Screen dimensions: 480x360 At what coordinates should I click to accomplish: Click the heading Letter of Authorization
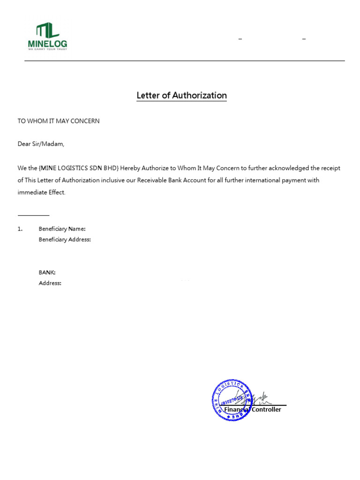(181, 96)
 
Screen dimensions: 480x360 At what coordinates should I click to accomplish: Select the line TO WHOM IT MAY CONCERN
(59, 121)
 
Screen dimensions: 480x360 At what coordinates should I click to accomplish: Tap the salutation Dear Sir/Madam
(41, 144)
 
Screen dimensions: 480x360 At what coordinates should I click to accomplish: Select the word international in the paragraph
(258, 180)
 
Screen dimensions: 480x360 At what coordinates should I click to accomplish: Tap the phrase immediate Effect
(42, 193)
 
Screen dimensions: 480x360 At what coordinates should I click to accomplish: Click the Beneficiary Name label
(62, 229)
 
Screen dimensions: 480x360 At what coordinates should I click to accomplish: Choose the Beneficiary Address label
(65, 240)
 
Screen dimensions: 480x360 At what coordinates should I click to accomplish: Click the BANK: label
(47, 272)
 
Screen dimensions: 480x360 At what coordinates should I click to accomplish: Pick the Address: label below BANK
(50, 283)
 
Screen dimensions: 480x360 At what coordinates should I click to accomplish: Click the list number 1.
(20, 229)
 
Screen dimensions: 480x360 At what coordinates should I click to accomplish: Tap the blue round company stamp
(232, 400)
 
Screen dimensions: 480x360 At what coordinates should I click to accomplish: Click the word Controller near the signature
(266, 410)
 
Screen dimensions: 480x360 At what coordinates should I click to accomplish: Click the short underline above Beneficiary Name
(33, 215)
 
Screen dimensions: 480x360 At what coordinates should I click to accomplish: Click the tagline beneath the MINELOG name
(47, 49)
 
